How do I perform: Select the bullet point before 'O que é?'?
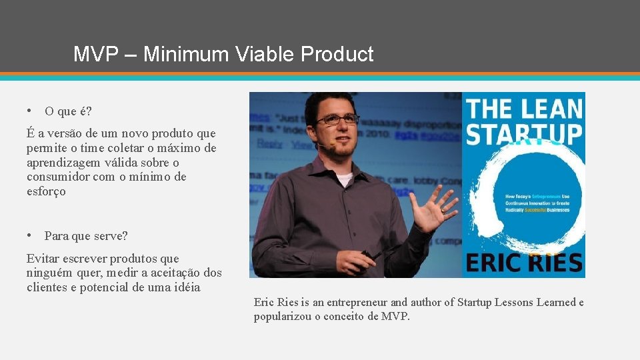[31, 109]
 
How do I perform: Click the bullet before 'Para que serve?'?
[31, 235]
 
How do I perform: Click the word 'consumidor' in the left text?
[57, 177]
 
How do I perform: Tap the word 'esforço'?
[46, 191]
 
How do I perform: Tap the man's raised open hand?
[432, 207]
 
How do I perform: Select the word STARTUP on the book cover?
[523, 134]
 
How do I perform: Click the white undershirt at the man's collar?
[343, 179]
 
